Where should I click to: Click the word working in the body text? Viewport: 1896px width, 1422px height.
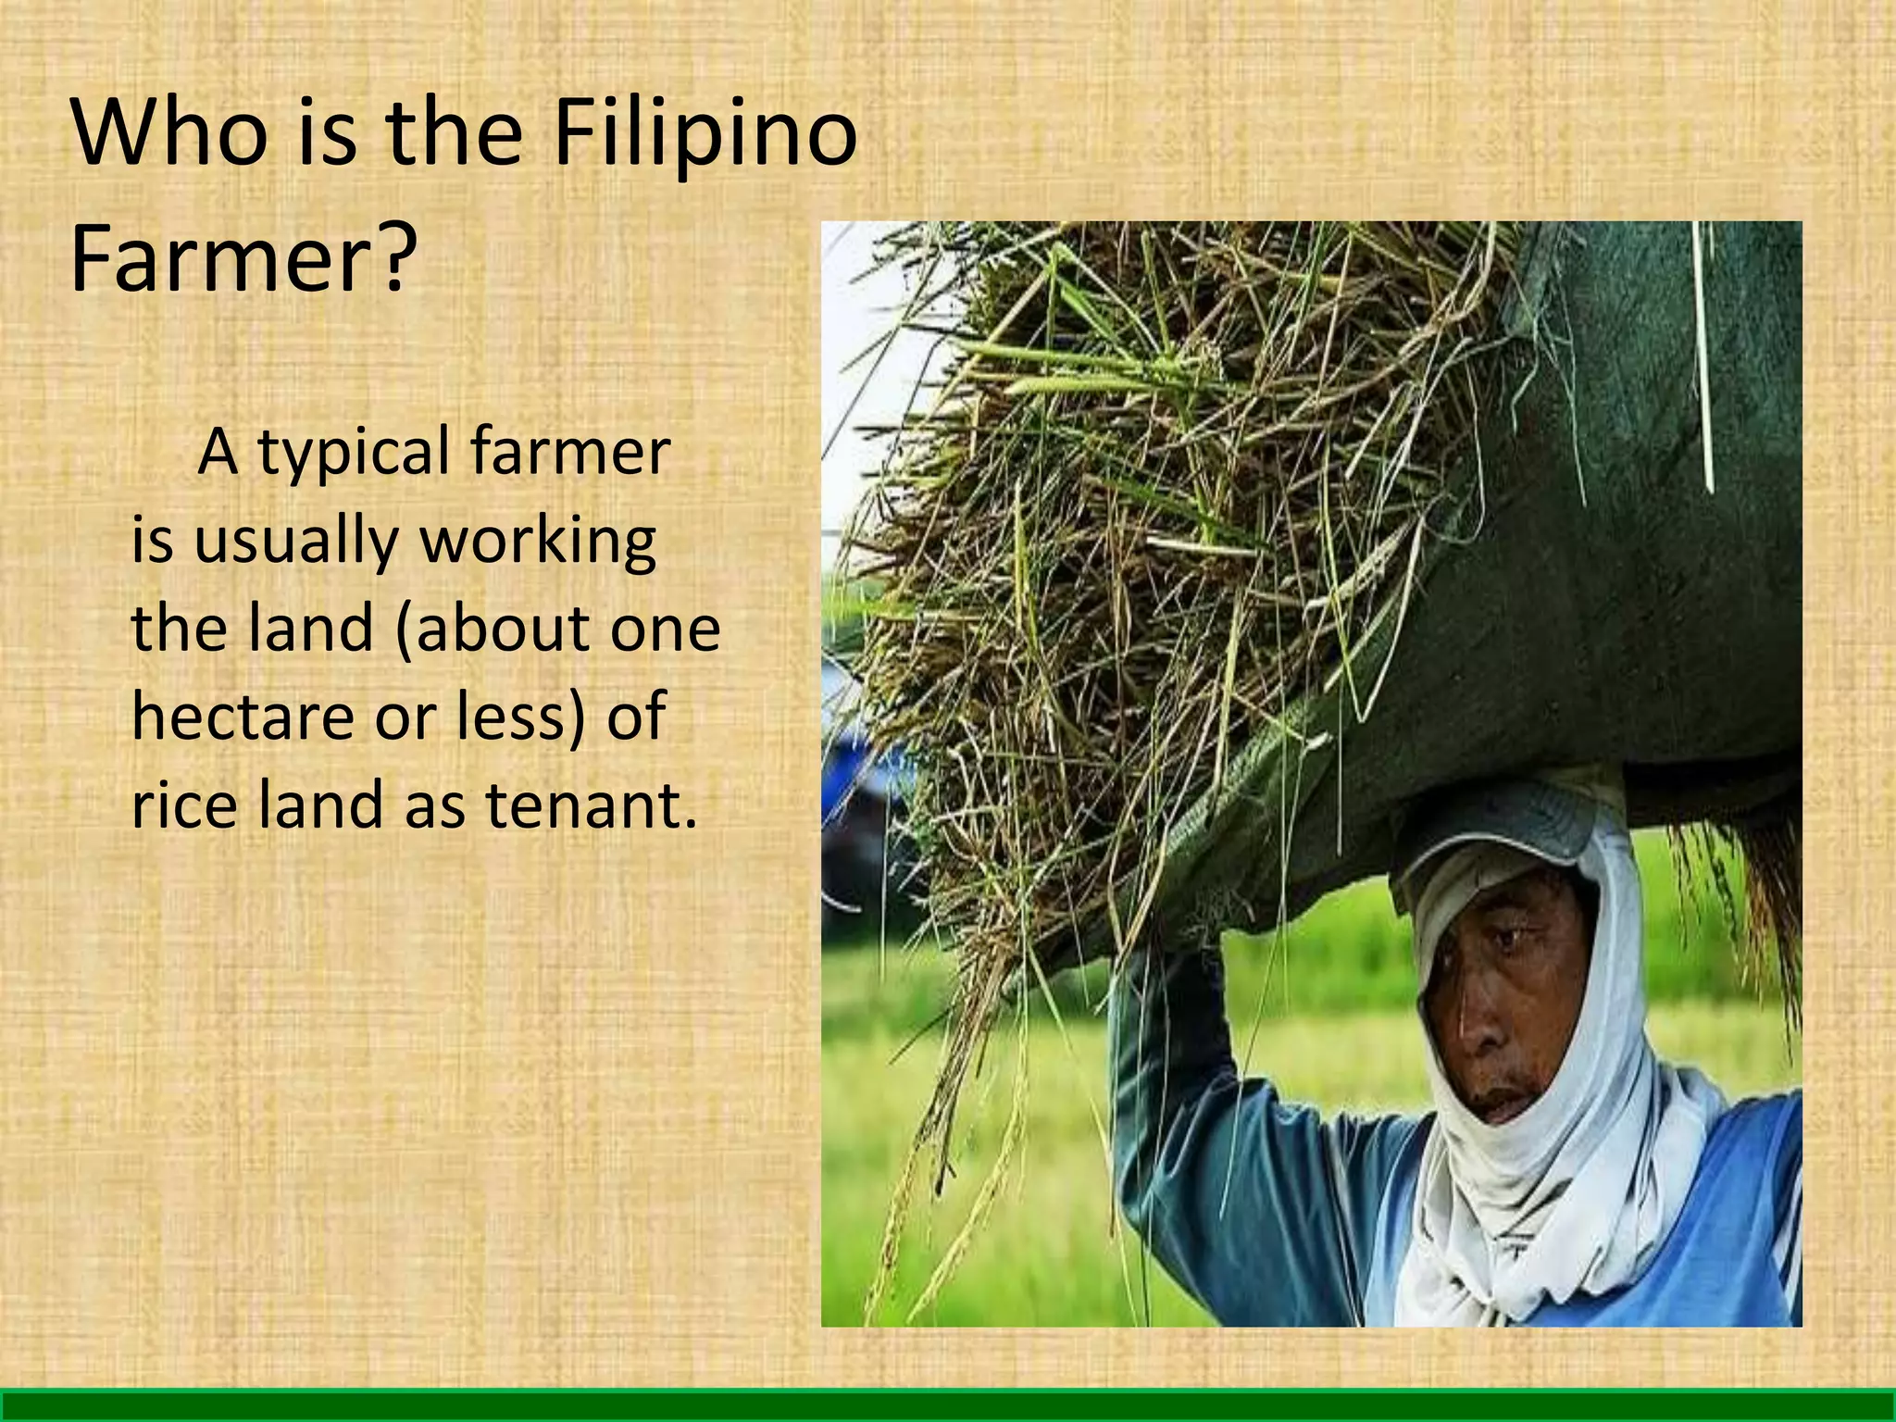tap(538, 542)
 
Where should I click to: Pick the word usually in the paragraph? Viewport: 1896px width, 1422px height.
tap(295, 542)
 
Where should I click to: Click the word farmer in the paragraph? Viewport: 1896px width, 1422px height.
tap(569, 454)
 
